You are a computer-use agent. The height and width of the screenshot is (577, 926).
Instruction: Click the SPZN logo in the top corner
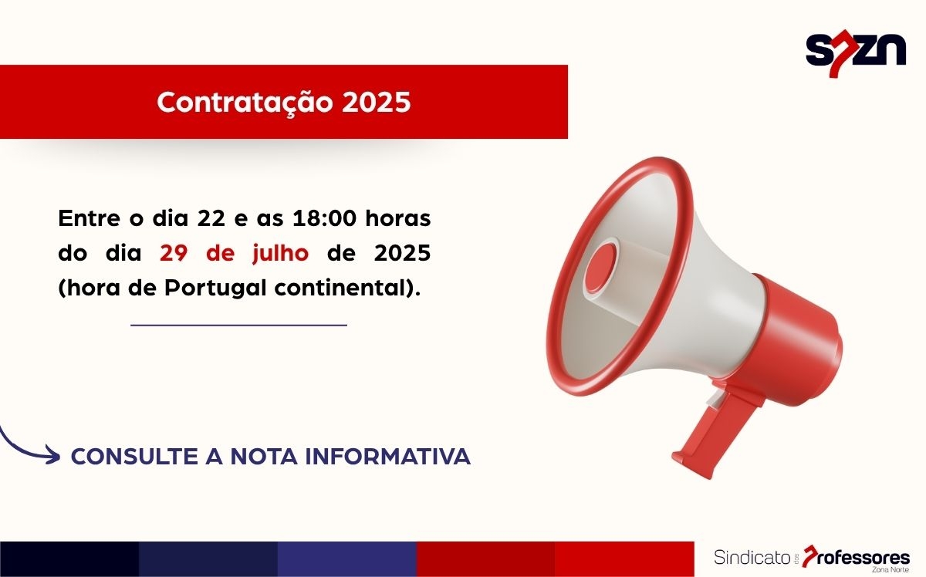[855, 51]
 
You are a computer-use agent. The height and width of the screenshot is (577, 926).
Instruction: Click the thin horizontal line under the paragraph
[238, 325]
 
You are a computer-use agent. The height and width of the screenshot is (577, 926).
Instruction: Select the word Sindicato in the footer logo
[747, 556]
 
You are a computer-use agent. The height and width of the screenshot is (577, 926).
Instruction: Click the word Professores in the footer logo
[860, 556]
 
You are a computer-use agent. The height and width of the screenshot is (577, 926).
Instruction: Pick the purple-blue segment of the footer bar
[346, 558]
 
